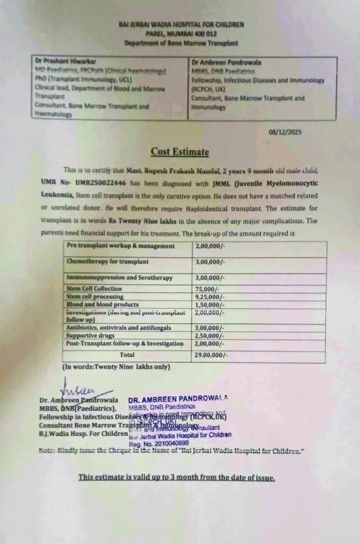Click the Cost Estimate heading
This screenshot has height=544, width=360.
180,152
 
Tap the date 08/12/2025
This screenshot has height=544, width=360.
285,132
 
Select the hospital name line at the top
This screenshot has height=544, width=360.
181,24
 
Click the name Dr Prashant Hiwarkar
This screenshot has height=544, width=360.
65,59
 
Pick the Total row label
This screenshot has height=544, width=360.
127,355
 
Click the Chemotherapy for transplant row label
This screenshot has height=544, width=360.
108,262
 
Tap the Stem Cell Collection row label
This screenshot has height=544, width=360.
94,289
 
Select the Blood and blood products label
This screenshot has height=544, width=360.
102,305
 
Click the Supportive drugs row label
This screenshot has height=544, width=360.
91,335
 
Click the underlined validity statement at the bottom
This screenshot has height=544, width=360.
177,478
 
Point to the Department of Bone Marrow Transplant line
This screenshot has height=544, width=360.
181,43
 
